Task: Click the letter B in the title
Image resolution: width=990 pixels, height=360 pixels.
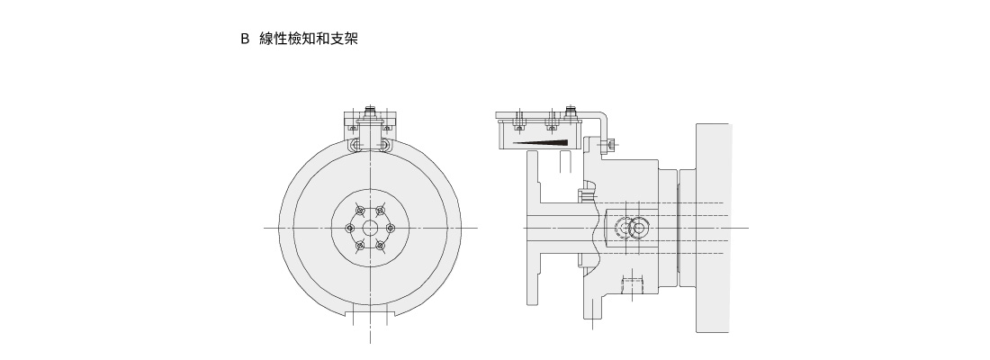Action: (244, 40)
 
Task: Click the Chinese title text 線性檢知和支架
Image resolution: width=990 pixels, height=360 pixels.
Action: (308, 40)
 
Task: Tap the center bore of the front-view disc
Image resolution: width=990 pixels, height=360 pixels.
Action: (370, 228)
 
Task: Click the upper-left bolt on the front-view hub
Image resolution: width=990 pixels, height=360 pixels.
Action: (359, 211)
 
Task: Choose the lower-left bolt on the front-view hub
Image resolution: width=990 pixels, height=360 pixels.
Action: (359, 245)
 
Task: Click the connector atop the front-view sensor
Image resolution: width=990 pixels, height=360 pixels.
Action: (370, 112)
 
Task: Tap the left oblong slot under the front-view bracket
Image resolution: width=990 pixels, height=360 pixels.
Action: (356, 144)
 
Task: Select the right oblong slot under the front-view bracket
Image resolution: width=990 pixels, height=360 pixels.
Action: (384, 144)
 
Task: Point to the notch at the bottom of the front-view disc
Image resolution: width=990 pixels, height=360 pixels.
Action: (370, 313)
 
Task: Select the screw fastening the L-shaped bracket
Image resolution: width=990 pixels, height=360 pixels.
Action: (610, 144)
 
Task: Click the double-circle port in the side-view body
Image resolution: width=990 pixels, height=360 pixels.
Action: (636, 227)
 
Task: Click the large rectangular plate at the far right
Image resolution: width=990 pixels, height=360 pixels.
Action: (713, 228)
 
